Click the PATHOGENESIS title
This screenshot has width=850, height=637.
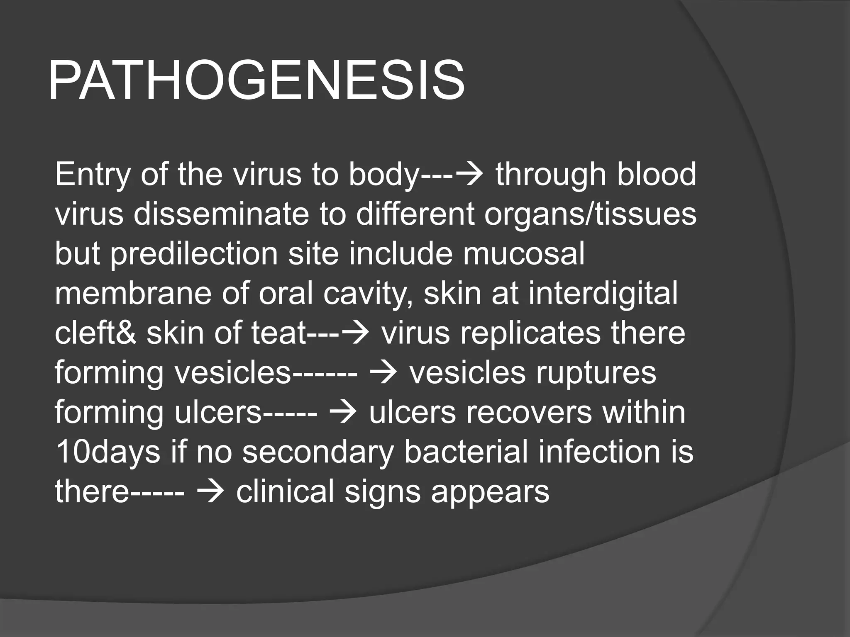(x=256, y=81)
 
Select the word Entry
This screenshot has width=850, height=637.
(x=93, y=175)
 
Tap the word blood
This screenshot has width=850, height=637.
(x=656, y=175)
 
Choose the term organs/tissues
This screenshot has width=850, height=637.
(x=590, y=214)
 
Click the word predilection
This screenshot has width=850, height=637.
(x=194, y=253)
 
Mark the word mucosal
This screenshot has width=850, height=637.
(x=524, y=253)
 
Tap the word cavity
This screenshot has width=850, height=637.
(x=368, y=293)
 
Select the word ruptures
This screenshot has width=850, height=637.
(x=596, y=372)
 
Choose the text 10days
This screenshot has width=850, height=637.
(x=107, y=452)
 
